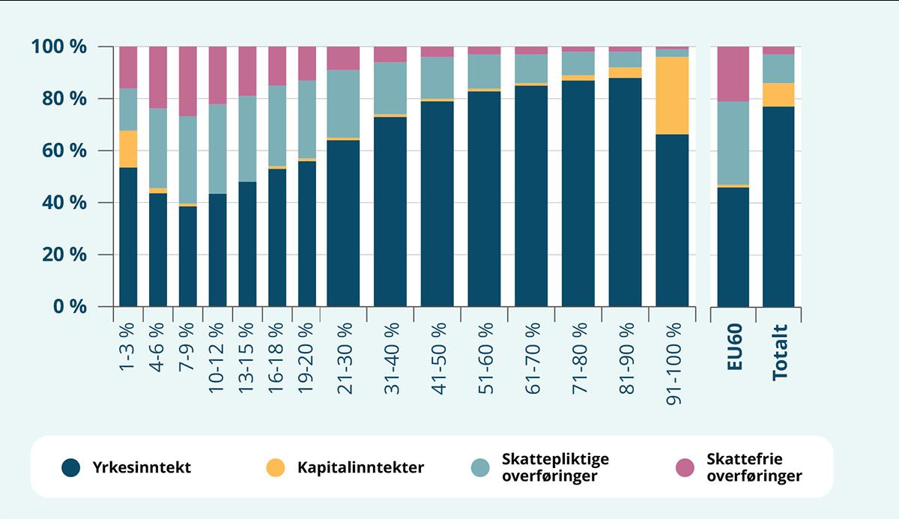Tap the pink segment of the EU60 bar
point(733,73)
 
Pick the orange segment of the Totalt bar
point(778,94)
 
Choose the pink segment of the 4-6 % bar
point(158,77)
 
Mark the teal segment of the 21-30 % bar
point(343,103)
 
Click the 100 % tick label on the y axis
point(59,47)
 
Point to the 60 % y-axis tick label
point(63,151)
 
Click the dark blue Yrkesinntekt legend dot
point(71,468)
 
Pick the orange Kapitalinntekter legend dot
point(275,468)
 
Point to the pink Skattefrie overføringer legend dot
point(685,468)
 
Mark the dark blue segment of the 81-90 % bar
point(625,192)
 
